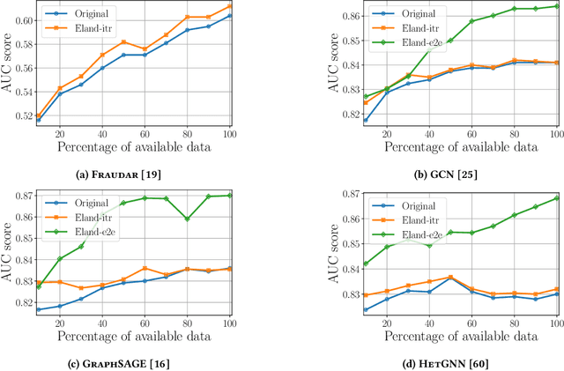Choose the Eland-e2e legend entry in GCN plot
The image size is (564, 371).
coord(408,41)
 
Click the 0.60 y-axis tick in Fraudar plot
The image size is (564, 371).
coord(26,19)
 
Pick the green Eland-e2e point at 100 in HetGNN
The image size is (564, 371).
coord(555,197)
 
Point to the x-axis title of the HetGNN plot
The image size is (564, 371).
coord(458,336)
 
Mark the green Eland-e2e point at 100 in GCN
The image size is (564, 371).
coord(555,5)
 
